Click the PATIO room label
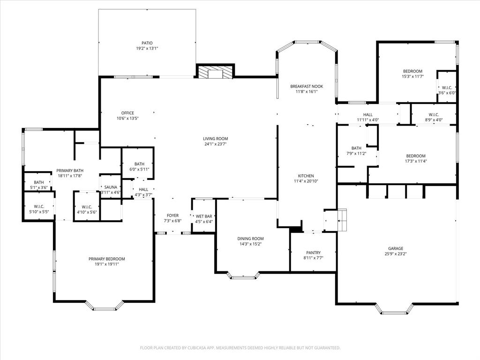(147, 43)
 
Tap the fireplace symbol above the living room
(215, 72)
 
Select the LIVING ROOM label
(215, 139)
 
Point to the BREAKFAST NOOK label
(307, 86)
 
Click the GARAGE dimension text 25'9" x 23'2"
(395, 255)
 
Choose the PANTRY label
(313, 253)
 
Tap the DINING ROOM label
(250, 239)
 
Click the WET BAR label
(204, 216)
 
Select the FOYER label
(172, 216)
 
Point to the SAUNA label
(111, 187)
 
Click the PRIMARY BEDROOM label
(107, 259)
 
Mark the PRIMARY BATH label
(69, 171)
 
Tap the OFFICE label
(127, 113)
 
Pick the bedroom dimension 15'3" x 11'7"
(412, 76)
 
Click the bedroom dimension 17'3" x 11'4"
(416, 161)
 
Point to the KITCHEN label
(306, 176)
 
